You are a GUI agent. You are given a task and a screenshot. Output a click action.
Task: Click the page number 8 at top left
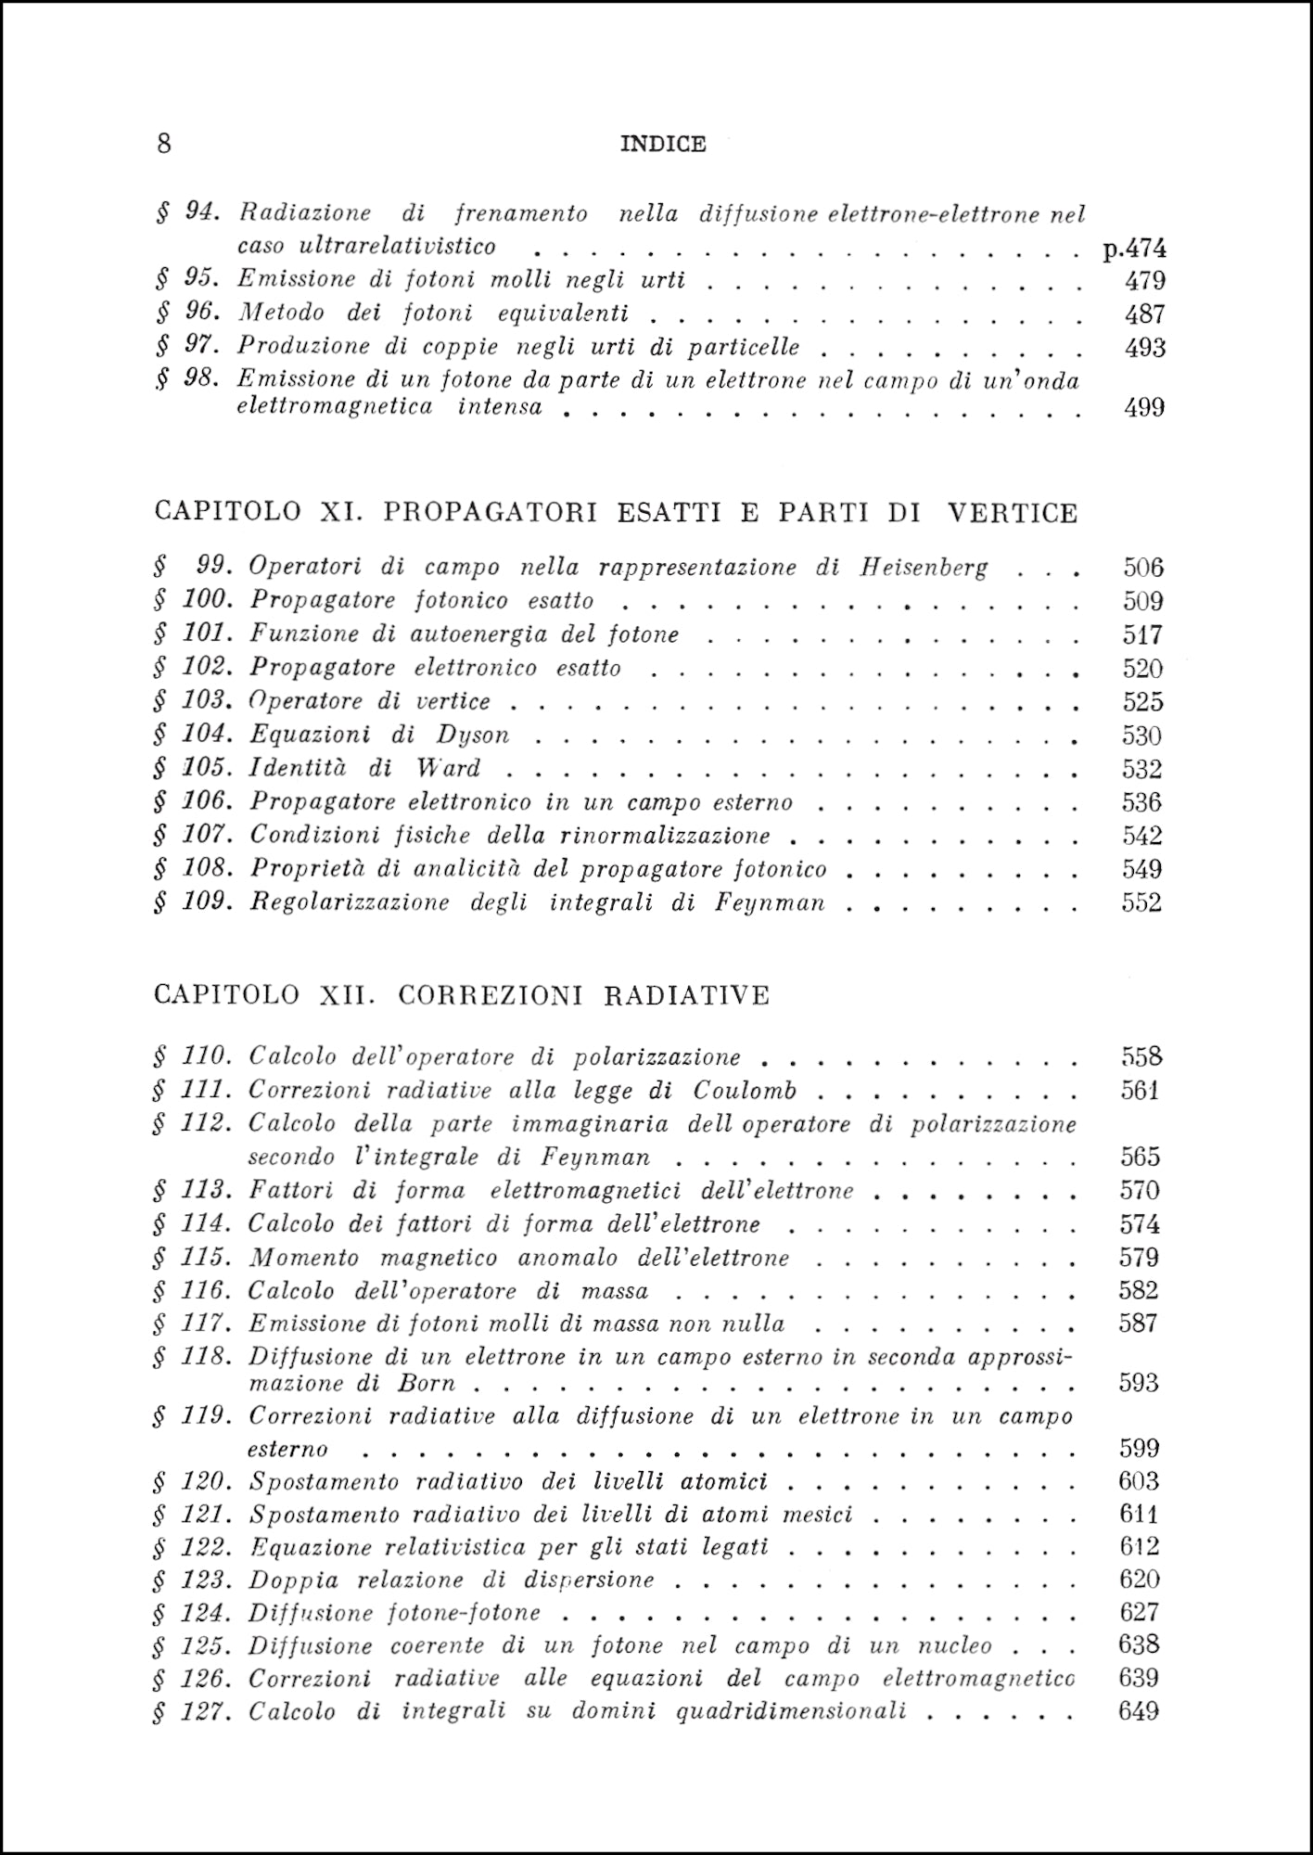(164, 144)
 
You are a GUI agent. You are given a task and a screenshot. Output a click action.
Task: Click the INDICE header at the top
(662, 144)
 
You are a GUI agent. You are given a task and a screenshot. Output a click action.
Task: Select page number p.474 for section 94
(1134, 248)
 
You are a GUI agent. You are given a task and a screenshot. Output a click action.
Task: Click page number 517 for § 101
(1141, 635)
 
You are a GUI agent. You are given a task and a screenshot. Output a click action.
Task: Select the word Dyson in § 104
(473, 736)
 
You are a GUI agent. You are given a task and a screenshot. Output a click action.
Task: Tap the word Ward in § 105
(448, 769)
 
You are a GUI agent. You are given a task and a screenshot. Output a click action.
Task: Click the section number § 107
(192, 835)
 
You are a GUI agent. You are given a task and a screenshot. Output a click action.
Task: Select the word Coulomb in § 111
(745, 1091)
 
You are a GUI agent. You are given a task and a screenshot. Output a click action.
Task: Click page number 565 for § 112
(1140, 1157)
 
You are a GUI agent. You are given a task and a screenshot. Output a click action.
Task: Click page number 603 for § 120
(1139, 1481)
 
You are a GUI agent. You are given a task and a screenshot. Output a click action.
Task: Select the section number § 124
(192, 1612)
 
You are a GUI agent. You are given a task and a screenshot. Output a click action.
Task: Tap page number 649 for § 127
(1139, 1711)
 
